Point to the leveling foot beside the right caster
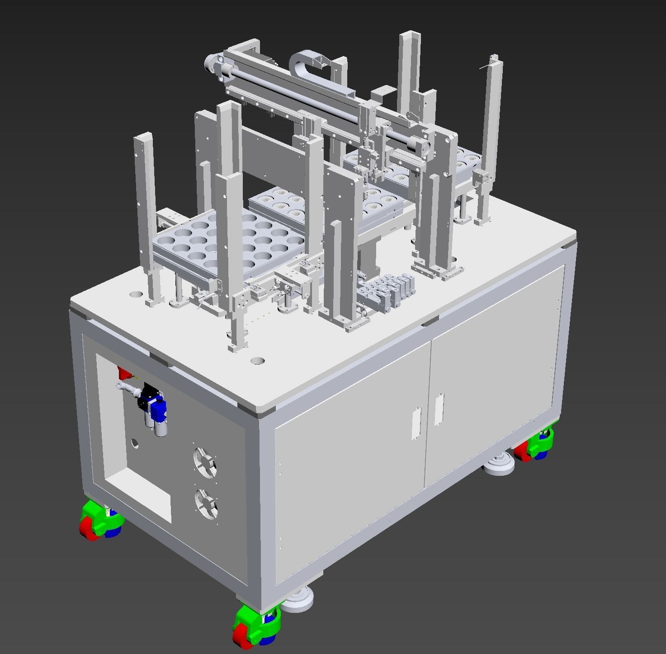point(498,465)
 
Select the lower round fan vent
point(206,502)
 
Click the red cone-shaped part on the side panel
point(123,373)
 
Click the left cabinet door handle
point(416,423)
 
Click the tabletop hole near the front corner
point(257,361)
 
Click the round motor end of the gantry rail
point(211,63)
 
